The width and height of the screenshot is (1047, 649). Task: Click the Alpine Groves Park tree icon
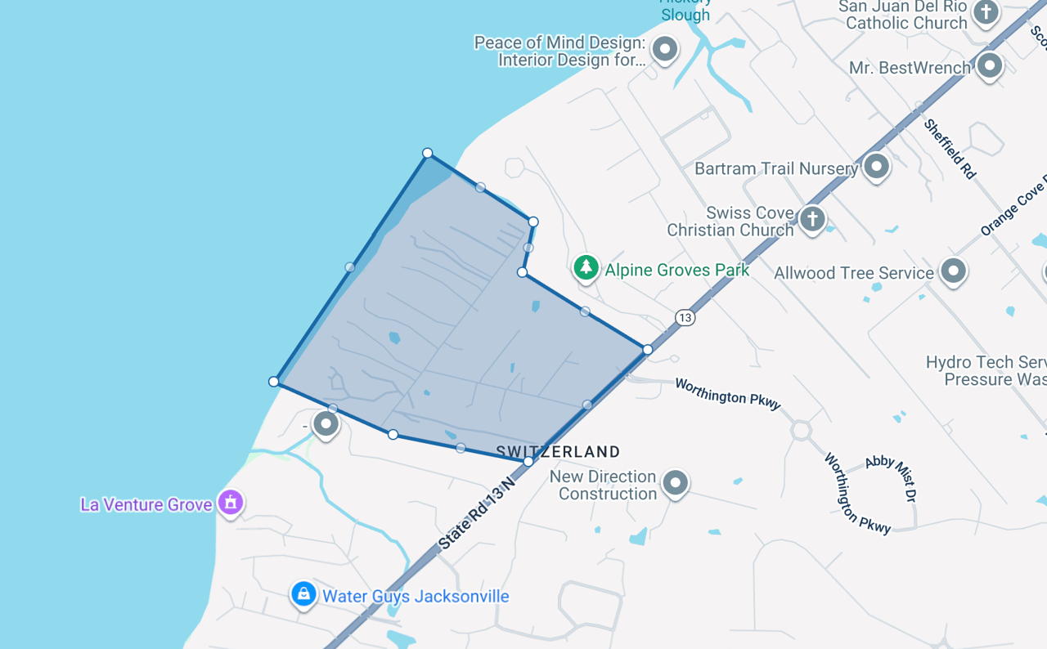[x=586, y=267]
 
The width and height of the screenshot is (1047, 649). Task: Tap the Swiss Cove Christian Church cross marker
[x=812, y=218]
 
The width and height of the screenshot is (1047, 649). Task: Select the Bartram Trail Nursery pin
[x=877, y=167]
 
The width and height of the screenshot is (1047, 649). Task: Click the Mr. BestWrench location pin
[x=990, y=65]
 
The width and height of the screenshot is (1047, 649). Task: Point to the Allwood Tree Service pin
[x=954, y=271]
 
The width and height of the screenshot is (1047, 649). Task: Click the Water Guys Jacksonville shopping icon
[x=303, y=594]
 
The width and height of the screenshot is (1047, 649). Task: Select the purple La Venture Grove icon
[x=231, y=502]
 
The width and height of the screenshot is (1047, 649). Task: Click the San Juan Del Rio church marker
[x=986, y=12]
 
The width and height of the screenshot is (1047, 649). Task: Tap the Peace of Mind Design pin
[x=665, y=49]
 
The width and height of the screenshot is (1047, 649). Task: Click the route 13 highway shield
[x=685, y=317]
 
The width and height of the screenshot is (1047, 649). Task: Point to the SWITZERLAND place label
[x=558, y=452]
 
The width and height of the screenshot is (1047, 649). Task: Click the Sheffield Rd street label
[x=950, y=149]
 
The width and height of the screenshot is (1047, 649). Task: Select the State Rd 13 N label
[x=478, y=510]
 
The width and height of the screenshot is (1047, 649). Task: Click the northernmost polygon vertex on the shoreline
[x=427, y=153]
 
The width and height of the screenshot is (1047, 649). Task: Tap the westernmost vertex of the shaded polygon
[x=273, y=382]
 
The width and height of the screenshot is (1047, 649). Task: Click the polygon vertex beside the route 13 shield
[x=648, y=350]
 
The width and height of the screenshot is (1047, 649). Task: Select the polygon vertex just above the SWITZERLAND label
[x=528, y=462]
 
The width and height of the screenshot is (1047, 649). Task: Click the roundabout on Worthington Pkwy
[x=800, y=430]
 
